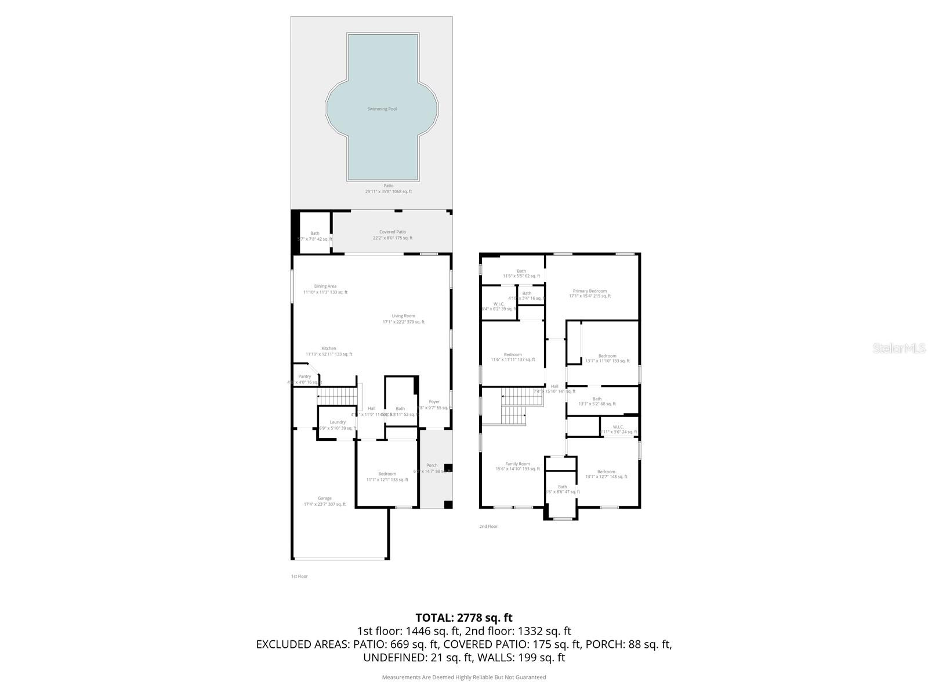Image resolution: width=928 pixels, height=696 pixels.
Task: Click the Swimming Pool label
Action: coord(382,109)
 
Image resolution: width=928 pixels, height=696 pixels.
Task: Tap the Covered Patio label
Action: coord(393,232)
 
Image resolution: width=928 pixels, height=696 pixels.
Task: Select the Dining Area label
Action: coord(325,286)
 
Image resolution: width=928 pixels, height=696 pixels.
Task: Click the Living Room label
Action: coord(403,316)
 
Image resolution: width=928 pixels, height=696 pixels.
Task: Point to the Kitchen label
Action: coord(329,349)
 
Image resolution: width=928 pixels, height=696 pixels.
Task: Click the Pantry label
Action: coord(304,376)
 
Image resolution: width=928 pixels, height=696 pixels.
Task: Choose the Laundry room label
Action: coord(338,422)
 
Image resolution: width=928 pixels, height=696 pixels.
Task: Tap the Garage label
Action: coord(325,498)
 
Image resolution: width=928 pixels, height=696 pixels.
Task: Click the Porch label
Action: coord(432,465)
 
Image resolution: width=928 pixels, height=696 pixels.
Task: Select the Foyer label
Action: coord(434,402)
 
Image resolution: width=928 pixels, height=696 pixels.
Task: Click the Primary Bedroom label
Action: coord(589,291)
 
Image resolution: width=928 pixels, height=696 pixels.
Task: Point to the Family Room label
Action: coord(517,464)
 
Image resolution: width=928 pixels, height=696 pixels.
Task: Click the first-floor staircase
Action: coord(336,397)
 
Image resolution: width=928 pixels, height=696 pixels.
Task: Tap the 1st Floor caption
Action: coord(299,577)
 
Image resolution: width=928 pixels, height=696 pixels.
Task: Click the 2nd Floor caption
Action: coord(488,527)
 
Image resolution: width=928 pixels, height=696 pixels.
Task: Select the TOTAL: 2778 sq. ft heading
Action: coord(464,618)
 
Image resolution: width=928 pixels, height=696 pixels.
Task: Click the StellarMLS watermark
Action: coord(898,348)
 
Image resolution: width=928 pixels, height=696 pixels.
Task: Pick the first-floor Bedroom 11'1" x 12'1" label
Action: coord(387,474)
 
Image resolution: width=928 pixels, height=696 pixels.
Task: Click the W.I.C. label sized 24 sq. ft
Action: coord(618,427)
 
